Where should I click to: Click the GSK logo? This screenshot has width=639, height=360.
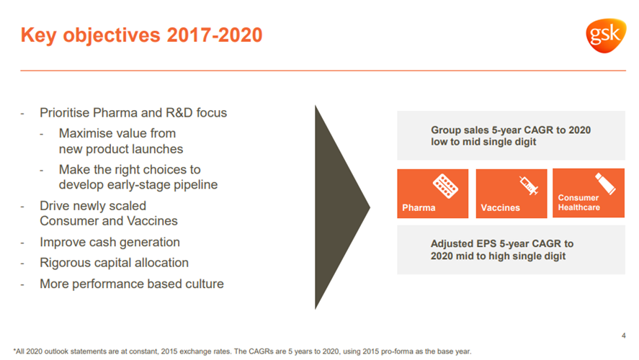tap(606, 35)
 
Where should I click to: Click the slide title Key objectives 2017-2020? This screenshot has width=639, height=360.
tap(141, 35)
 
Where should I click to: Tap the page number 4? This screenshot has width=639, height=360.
tap(624, 336)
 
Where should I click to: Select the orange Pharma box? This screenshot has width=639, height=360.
tap(433, 194)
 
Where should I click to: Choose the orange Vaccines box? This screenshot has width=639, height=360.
tap(511, 194)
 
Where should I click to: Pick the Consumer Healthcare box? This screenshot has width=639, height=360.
tap(589, 193)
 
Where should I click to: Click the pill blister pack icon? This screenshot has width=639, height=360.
tap(445, 186)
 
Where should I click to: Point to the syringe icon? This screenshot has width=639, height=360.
tap(529, 185)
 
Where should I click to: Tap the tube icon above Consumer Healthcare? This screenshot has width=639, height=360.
tap(605, 184)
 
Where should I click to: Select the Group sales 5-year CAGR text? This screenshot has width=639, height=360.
tap(511, 135)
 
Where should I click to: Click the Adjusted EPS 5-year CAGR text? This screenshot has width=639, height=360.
tap(502, 250)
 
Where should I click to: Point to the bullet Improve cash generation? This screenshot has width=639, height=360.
tap(110, 243)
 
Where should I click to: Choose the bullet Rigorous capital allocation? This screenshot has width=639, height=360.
tap(114, 263)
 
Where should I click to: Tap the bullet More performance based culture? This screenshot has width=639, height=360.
tap(132, 284)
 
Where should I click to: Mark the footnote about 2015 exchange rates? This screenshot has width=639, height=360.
tap(243, 351)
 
